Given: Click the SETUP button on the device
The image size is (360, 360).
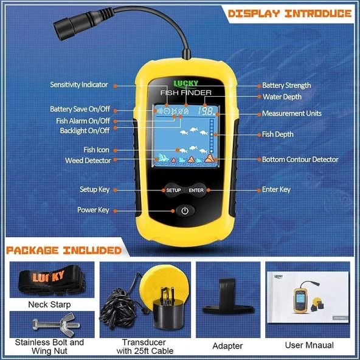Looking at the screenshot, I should [173, 190].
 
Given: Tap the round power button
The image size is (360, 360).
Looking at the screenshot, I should [185, 211].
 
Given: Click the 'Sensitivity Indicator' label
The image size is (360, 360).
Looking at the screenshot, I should [79, 85].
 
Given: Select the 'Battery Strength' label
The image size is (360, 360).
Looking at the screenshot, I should [286, 86].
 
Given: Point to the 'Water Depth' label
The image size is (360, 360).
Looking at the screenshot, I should [282, 97].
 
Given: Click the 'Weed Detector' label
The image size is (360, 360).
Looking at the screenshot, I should [88, 161].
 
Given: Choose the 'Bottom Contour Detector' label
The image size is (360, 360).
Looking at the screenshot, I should [300, 159].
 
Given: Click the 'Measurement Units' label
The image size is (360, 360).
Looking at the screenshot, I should [292, 114].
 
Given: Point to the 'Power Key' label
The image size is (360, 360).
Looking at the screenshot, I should [93, 210].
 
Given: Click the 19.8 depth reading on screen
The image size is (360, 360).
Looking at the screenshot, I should [207, 112].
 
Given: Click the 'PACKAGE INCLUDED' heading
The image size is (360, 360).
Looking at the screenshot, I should [63, 250].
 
